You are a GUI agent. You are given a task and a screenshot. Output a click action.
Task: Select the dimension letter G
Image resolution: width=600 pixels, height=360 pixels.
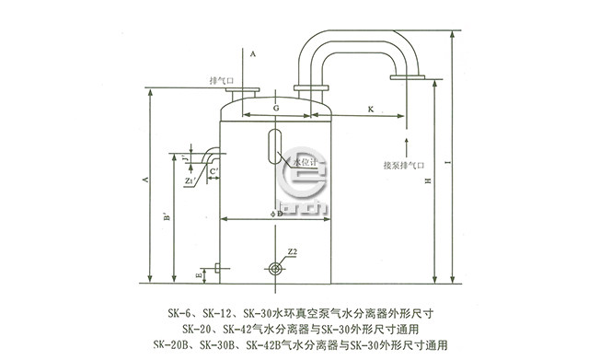pyautogui.click(x=276, y=107)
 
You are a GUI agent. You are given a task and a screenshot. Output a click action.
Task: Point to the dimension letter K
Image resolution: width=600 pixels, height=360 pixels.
pyautogui.click(x=370, y=107)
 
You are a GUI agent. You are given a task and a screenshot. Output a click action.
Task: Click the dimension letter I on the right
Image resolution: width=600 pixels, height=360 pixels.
pyautogui.click(x=446, y=164)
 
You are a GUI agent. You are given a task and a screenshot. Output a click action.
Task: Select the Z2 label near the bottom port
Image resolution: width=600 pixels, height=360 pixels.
pyautogui.click(x=291, y=250)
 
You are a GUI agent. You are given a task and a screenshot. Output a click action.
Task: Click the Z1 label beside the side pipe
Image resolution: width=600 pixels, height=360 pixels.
pyautogui.click(x=188, y=181)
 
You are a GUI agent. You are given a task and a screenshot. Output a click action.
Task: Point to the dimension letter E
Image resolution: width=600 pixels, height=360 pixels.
pyautogui.click(x=199, y=273)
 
